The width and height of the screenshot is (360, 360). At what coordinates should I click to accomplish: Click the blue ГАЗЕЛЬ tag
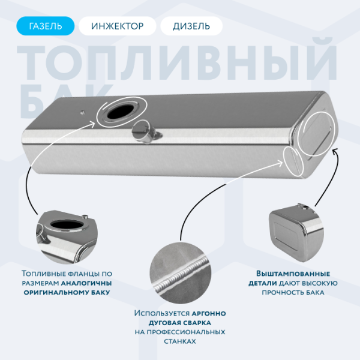point(46,26)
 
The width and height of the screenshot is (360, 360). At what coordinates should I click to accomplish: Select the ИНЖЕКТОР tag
point(118,26)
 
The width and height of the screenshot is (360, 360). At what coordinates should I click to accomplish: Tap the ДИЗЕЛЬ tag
point(191,26)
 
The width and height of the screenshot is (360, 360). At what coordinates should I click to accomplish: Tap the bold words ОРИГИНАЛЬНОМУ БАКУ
point(67,292)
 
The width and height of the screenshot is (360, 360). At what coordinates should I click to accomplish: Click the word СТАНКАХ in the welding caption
point(179,341)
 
